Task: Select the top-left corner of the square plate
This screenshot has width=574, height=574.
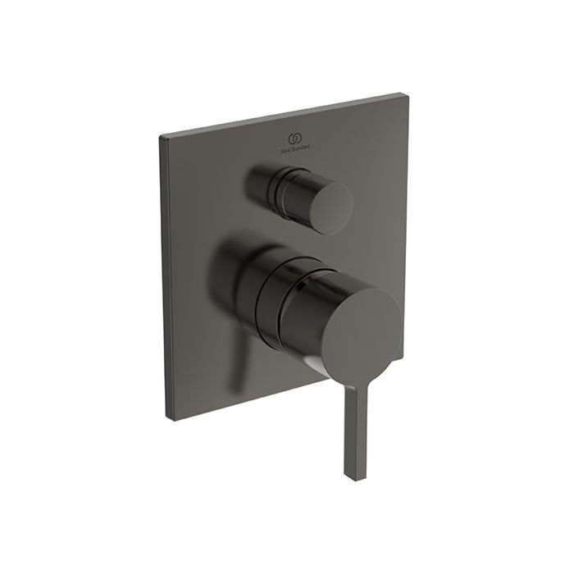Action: click(161, 134)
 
